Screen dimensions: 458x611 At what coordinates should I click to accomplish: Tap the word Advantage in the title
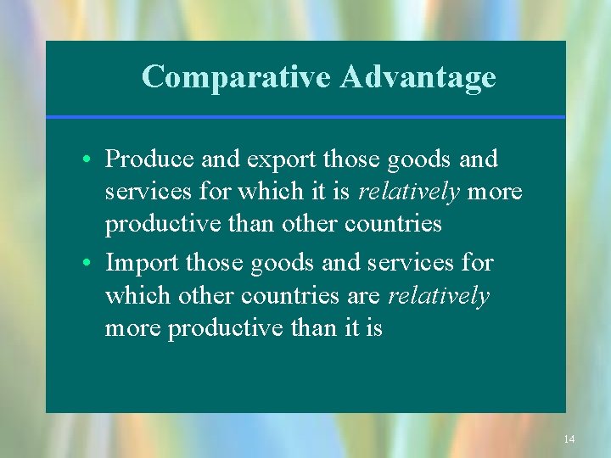(418, 77)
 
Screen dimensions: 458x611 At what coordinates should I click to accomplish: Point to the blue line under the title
(305, 117)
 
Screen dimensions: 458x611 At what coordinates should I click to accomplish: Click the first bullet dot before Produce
(88, 159)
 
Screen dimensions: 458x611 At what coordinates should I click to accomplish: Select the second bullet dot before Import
(88, 264)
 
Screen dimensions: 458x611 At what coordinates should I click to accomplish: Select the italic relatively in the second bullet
(439, 295)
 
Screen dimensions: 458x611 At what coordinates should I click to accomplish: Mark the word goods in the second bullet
(285, 263)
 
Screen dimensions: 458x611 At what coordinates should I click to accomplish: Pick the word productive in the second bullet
(227, 327)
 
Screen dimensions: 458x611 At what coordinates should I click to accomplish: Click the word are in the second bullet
(363, 295)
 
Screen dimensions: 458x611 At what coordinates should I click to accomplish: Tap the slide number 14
(569, 439)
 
